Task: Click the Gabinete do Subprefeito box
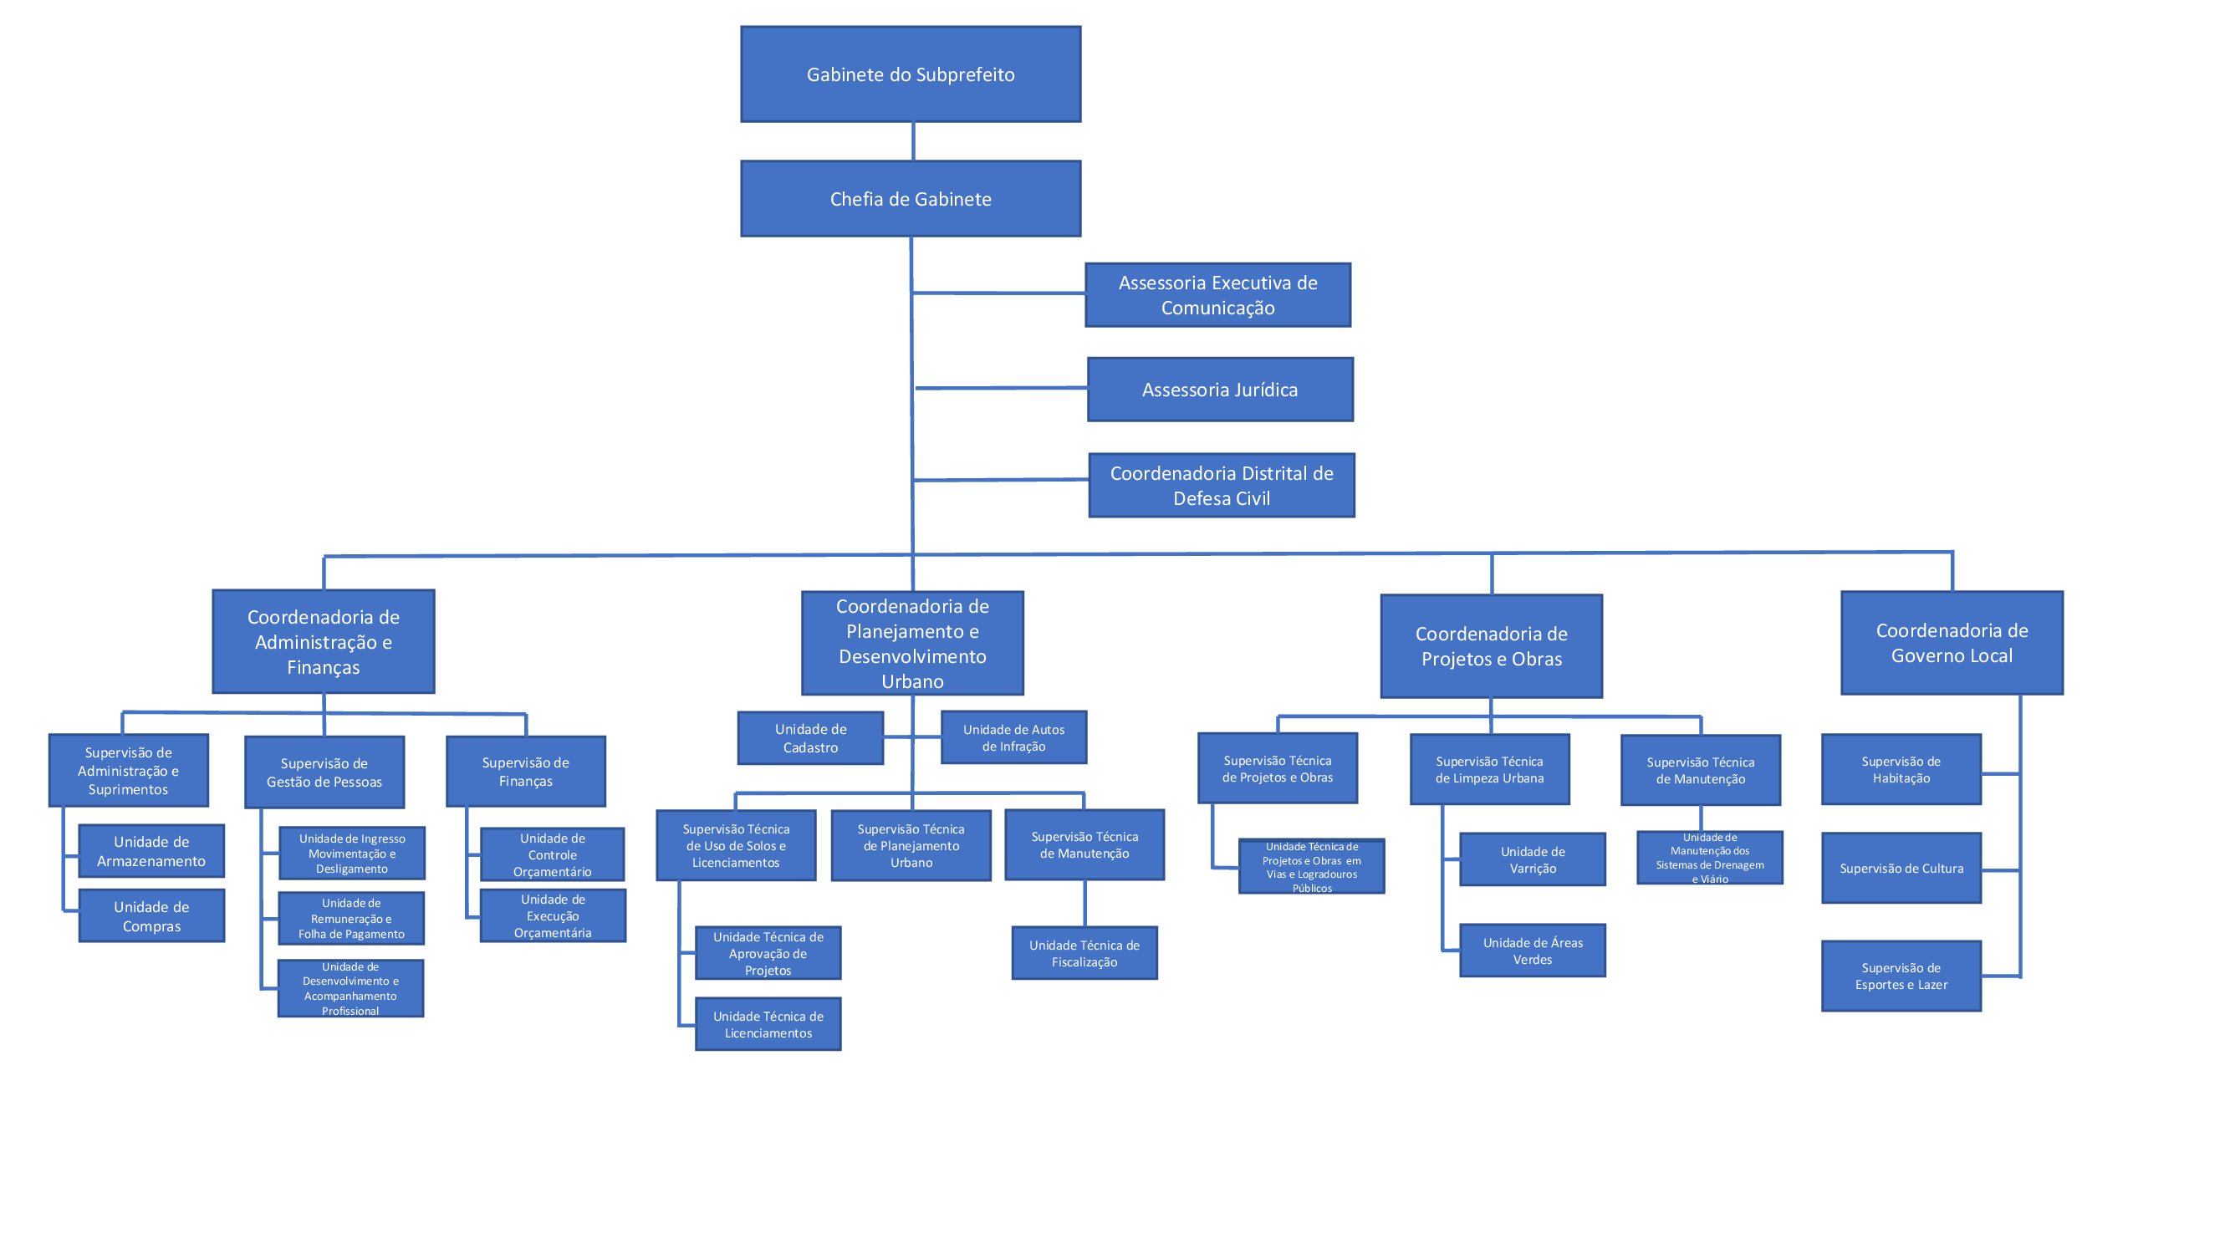(911, 74)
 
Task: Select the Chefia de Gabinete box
(911, 199)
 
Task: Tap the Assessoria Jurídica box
(1220, 390)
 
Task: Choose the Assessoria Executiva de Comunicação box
(1217, 295)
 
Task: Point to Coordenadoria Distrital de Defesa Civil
(1222, 486)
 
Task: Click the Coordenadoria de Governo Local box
(1952, 643)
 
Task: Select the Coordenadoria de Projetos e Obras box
(1491, 646)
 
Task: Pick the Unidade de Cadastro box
(810, 738)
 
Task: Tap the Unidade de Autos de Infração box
(1013, 738)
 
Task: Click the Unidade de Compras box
(151, 916)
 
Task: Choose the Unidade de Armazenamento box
(151, 852)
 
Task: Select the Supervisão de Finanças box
(525, 772)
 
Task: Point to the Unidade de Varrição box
(1533, 860)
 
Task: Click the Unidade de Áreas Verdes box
(1533, 951)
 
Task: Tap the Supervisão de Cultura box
(1901, 869)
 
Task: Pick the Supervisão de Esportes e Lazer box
(1901, 976)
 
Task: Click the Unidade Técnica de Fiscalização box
(1084, 954)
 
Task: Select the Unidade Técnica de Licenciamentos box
(768, 1025)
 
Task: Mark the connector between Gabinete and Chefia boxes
(913, 141)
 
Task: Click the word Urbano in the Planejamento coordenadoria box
(912, 682)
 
